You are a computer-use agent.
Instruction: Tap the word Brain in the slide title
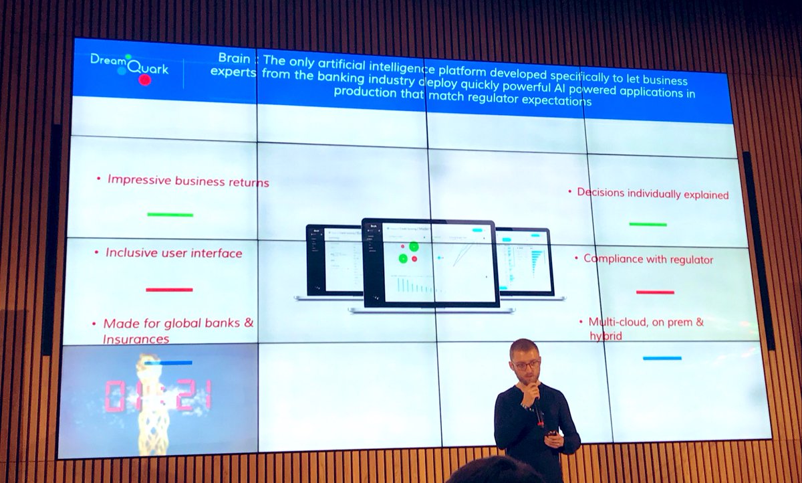point(234,59)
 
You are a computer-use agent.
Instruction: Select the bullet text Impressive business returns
point(188,181)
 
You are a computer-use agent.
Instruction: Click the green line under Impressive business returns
point(170,215)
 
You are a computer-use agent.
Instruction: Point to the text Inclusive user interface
point(174,254)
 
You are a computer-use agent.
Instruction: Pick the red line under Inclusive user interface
point(169,290)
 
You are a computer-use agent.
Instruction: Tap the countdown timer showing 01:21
point(158,395)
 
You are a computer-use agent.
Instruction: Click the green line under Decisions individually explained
point(648,225)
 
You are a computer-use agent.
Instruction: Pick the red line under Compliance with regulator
point(655,292)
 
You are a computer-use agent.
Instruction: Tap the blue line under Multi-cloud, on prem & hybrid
point(662,359)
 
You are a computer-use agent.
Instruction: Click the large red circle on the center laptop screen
point(414,246)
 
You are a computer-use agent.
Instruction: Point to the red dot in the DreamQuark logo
point(144,80)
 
